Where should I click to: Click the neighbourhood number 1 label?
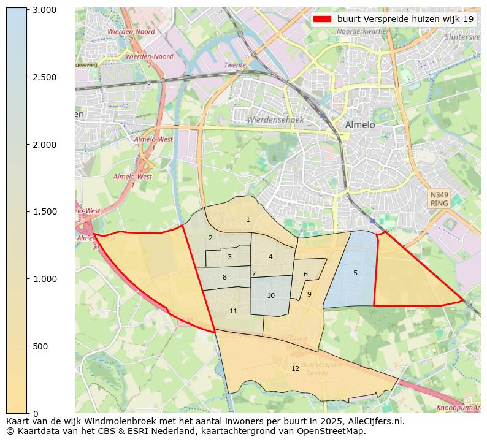tap(248, 219)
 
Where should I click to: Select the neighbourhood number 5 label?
tap(355, 273)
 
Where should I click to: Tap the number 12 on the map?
tap(295, 368)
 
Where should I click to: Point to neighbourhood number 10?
tap(270, 295)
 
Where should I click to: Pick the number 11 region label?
tap(233, 311)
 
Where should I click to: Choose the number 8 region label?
tap(224, 277)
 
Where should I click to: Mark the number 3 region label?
tap(229, 257)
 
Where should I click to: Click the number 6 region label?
tap(305, 274)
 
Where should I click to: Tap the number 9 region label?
tap(309, 294)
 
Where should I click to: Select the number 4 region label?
tap(270, 257)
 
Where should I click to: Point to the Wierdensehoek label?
tap(275, 120)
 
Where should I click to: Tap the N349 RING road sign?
tap(439, 199)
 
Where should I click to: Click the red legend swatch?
tap(321, 19)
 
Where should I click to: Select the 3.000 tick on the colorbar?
tap(44, 10)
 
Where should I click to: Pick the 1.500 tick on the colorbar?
tap(44, 211)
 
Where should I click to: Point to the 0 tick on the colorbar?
tap(35, 413)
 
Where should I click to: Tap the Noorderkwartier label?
tap(362, 31)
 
